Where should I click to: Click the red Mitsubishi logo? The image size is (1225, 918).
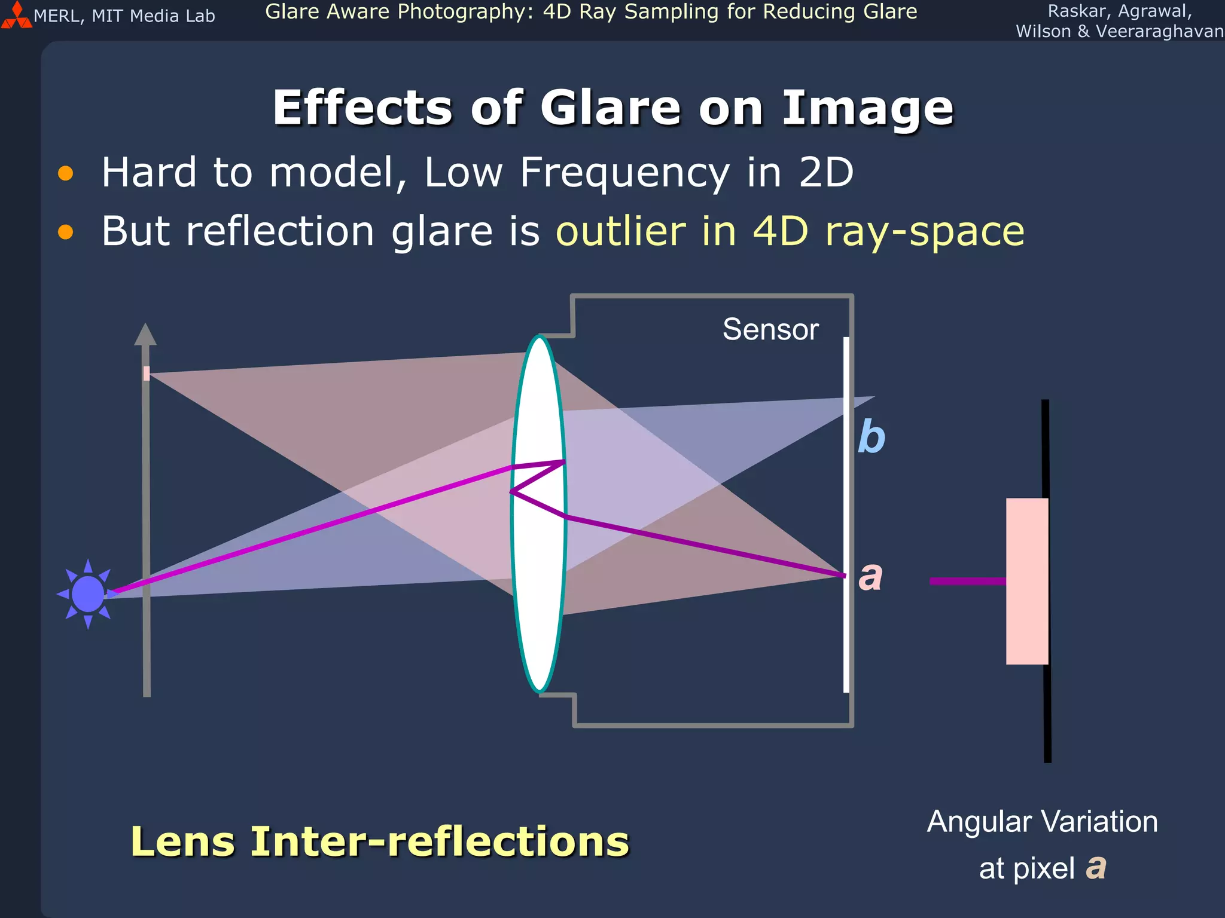click(16, 16)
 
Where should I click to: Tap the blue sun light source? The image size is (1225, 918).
click(88, 594)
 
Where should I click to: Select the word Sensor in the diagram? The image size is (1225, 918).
click(770, 329)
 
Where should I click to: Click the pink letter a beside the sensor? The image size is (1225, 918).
click(870, 576)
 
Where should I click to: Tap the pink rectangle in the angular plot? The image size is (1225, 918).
click(1027, 581)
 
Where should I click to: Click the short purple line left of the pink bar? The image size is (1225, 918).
click(967, 581)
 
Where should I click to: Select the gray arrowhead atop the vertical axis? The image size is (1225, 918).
click(145, 335)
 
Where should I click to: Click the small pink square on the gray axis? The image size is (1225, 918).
click(147, 374)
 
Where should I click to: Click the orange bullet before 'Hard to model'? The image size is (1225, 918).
click(65, 173)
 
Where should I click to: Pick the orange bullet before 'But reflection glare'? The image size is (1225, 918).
click(65, 232)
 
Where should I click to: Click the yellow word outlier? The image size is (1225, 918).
click(621, 231)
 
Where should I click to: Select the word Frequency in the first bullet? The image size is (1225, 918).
click(624, 173)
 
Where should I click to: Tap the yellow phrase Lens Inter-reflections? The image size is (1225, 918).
click(380, 841)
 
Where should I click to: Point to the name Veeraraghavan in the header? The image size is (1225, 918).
click(1159, 31)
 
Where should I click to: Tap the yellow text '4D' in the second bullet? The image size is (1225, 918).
click(780, 231)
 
